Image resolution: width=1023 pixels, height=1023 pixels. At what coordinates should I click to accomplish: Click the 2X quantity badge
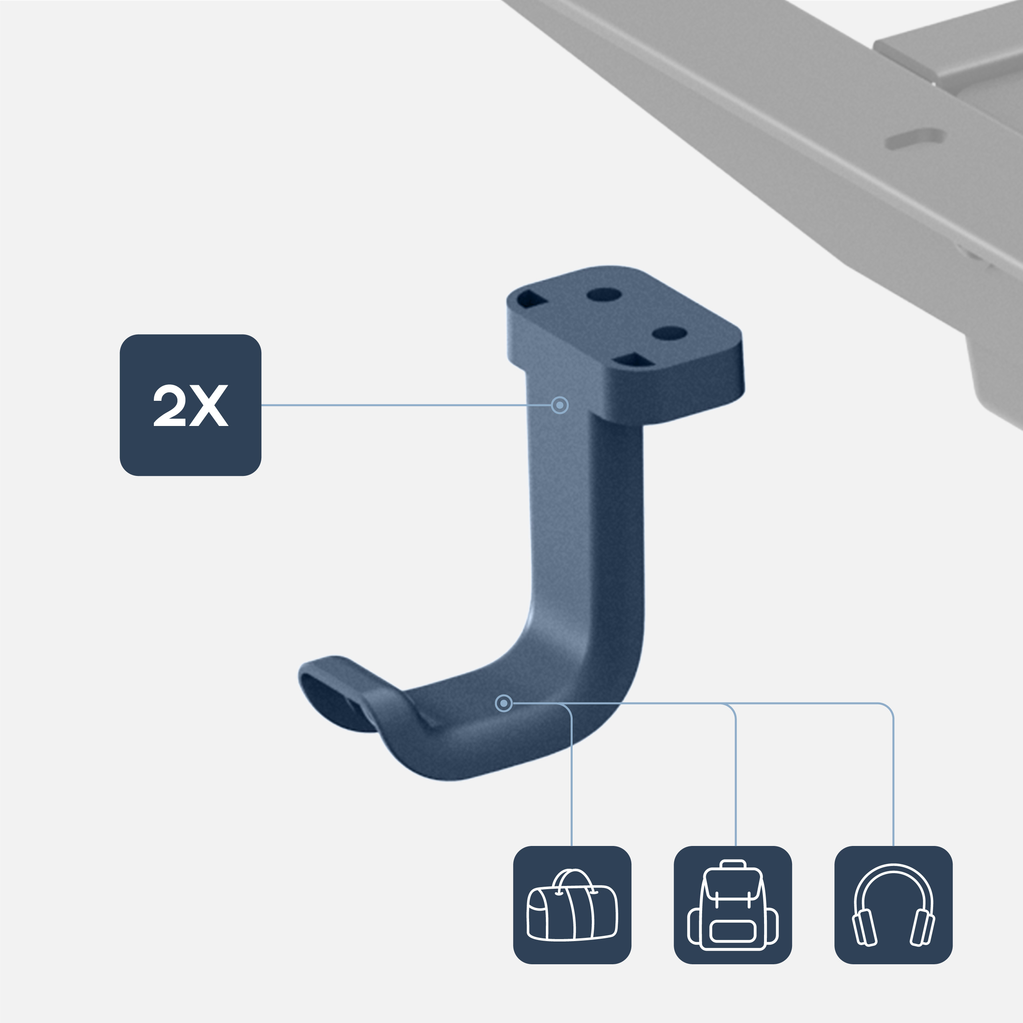190,405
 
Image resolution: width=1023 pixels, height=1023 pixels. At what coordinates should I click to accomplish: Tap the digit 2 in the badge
169,406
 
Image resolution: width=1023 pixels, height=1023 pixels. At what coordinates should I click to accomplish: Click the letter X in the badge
209,406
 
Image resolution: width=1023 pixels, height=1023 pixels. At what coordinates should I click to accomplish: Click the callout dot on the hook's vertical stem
560,405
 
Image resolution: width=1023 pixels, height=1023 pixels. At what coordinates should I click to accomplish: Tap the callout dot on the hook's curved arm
504,703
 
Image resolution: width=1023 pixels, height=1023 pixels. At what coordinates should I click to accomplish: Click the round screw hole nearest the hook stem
604,295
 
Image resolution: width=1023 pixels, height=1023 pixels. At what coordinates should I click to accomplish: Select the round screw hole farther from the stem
669,333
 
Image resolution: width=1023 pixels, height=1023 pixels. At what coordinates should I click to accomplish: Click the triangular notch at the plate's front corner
631,361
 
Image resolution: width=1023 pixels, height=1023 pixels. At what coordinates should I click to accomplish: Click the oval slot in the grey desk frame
916,139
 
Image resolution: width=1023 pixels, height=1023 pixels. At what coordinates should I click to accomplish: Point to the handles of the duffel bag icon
573,880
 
